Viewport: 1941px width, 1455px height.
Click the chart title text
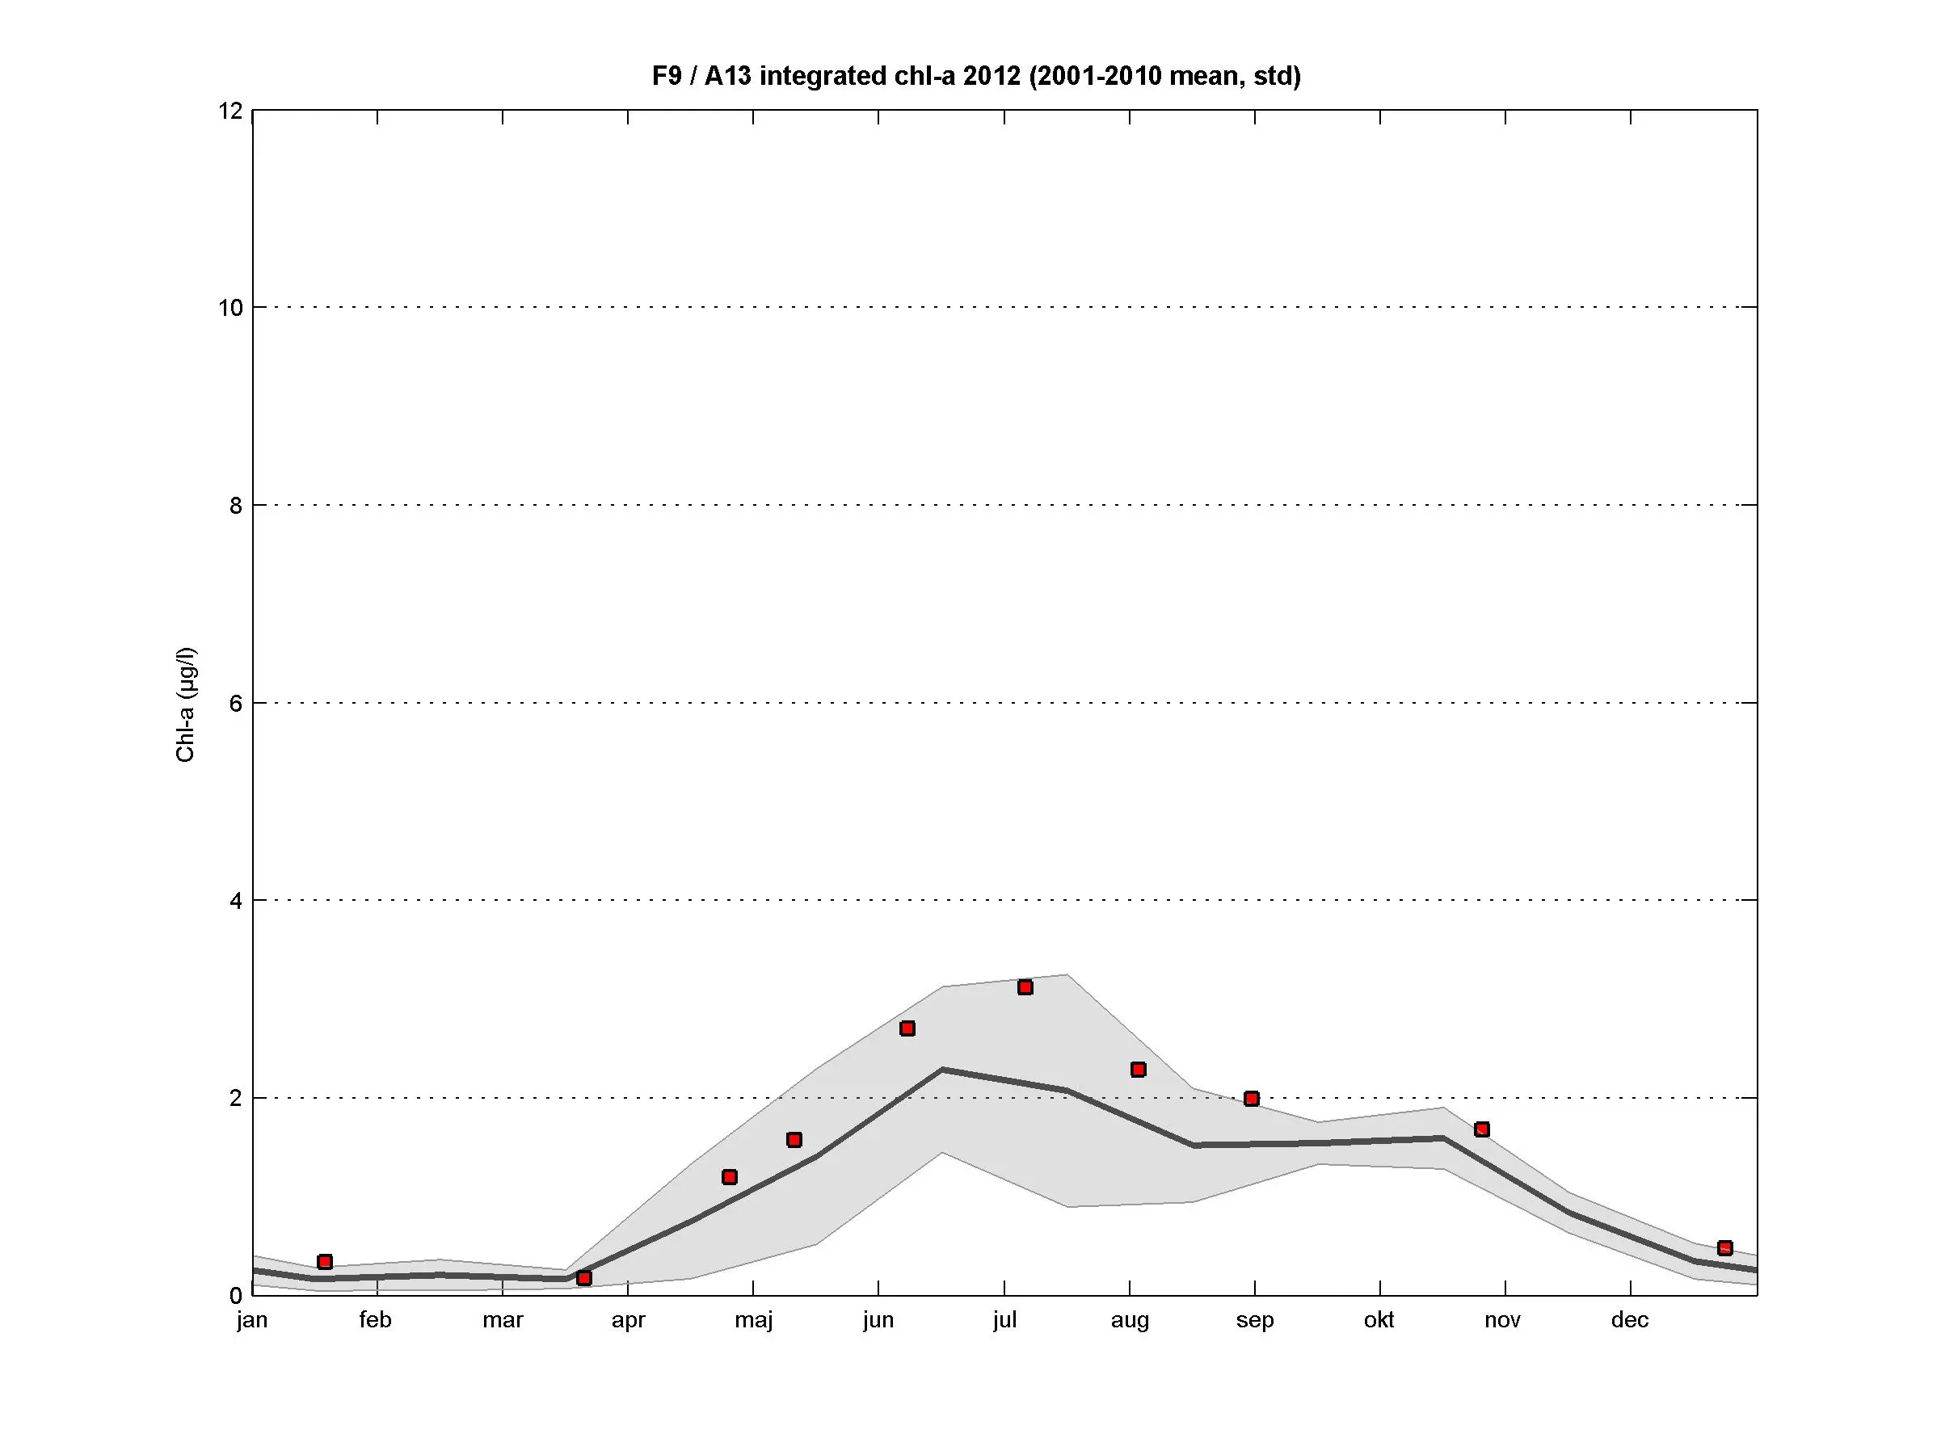click(x=976, y=76)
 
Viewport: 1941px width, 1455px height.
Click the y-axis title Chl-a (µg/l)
click(x=186, y=705)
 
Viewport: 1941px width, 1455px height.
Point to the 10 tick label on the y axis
click(x=231, y=308)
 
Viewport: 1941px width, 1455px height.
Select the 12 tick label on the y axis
click(x=231, y=111)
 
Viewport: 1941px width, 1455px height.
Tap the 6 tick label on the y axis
click(x=235, y=704)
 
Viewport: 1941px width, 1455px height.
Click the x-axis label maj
click(x=753, y=1321)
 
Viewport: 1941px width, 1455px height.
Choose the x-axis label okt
click(x=1379, y=1320)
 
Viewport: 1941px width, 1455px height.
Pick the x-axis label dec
click(x=1630, y=1320)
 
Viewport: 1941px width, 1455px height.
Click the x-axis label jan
click(x=252, y=1321)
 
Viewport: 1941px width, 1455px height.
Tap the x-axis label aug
click(x=1130, y=1321)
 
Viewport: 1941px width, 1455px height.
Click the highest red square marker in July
click(x=1025, y=987)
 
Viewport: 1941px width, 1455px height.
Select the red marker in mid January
click(x=325, y=1262)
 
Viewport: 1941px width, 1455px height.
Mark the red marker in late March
click(x=584, y=1279)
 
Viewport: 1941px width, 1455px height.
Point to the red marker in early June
click(x=907, y=1028)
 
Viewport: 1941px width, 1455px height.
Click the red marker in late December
click(x=1725, y=1249)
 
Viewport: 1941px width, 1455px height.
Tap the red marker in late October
click(x=1482, y=1129)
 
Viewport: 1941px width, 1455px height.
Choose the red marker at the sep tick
click(x=1253, y=1099)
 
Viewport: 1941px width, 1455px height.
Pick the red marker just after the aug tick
click(x=1139, y=1070)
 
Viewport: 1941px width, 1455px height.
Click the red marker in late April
click(x=729, y=1177)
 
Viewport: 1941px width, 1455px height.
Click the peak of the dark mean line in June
click(x=942, y=1069)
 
